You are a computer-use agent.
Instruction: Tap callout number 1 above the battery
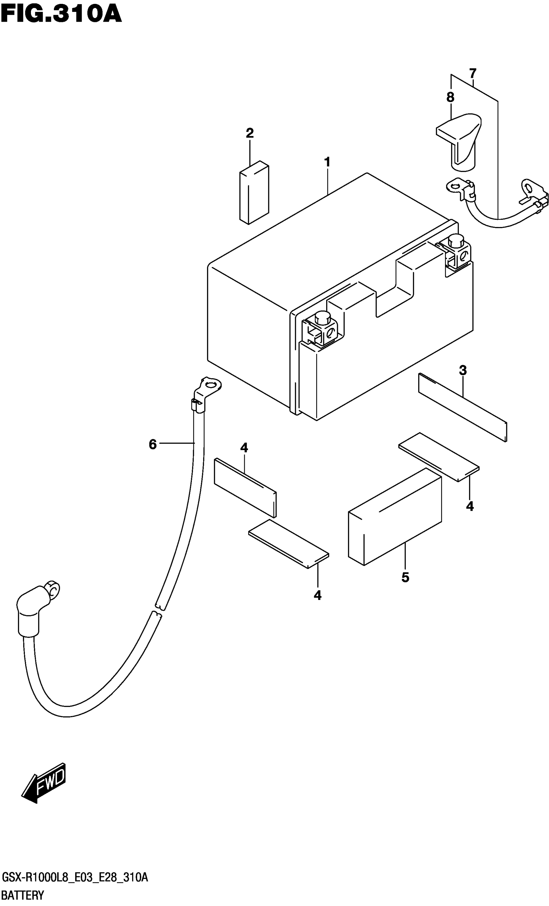click(327, 162)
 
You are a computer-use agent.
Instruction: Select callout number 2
click(250, 133)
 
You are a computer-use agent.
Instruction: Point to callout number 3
click(462, 370)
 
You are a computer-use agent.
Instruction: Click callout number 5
click(405, 578)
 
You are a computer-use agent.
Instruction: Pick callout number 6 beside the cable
click(153, 445)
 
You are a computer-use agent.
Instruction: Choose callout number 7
click(472, 73)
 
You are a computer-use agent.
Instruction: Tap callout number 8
click(450, 98)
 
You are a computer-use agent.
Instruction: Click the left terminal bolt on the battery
click(321, 318)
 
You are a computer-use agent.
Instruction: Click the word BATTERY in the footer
click(23, 895)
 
